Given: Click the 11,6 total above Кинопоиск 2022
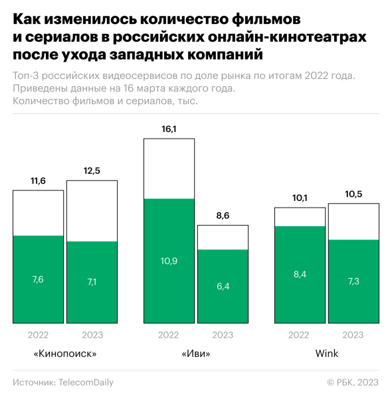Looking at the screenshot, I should tap(38, 180).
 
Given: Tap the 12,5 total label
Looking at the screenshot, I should tap(92, 171).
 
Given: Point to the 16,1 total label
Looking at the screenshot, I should tap(169, 129).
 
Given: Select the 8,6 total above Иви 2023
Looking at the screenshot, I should tap(223, 216).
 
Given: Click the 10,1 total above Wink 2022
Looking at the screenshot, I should tap(300, 198).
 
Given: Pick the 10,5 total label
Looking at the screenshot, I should tap(353, 194).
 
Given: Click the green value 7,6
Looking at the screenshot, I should tap(38, 279).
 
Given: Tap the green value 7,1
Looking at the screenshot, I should tap(92, 283).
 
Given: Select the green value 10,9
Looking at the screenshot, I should tap(169, 261).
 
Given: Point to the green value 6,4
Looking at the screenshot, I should tap(223, 287).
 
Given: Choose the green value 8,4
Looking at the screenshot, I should tap(300, 275).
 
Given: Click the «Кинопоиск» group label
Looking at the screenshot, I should tap(65, 354).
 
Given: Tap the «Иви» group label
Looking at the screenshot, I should tap(196, 354).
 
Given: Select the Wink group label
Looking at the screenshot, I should tap(327, 354).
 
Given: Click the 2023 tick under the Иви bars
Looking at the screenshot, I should tap(223, 335).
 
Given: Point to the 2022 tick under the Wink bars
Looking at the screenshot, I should tap(300, 335).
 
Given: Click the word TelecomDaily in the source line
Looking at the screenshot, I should tap(86, 382).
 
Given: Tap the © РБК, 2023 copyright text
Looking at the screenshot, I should tap(353, 382).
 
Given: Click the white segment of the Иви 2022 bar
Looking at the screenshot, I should tap(169, 168).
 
